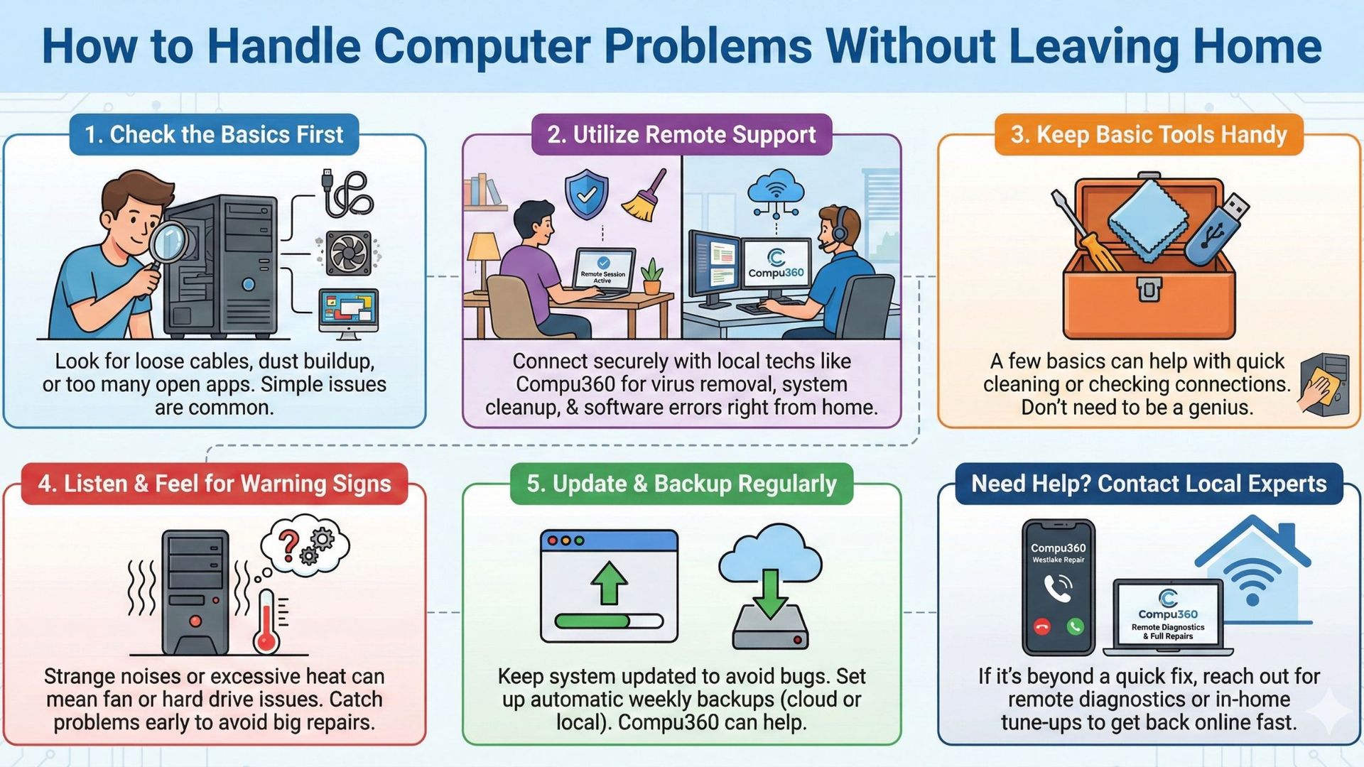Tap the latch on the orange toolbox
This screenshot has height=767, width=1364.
coord(1148,289)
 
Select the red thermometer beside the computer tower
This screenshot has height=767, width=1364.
coord(267,621)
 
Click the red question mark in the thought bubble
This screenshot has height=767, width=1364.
coord(288,544)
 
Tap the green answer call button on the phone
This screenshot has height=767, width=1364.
coord(1075,626)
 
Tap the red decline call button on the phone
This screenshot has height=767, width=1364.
coord(1042,626)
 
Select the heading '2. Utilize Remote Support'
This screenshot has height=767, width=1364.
coord(681,134)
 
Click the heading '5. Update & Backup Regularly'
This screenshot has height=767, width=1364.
coord(681,484)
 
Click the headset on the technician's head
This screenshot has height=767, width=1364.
coord(840,227)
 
